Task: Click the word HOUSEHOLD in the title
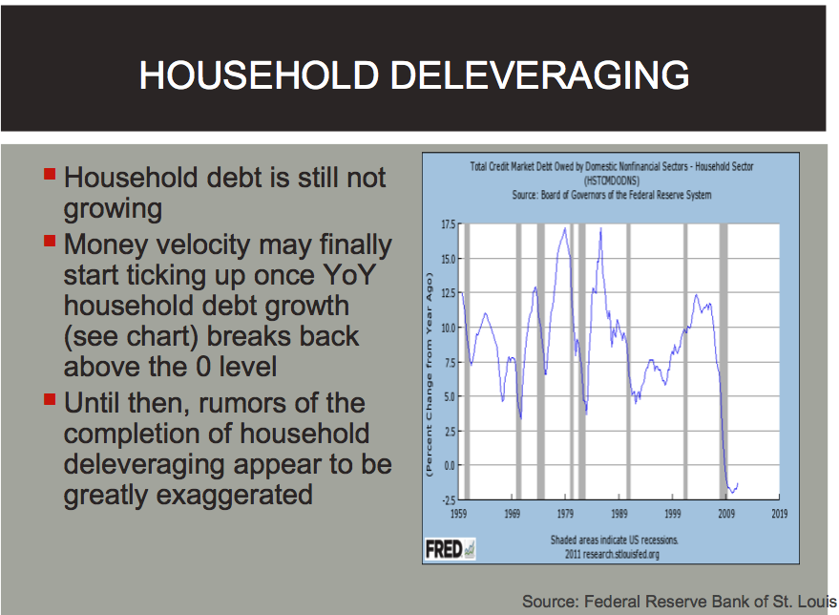point(259,74)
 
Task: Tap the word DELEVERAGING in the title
point(540,74)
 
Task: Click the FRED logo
point(450,549)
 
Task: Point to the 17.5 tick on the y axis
point(449,224)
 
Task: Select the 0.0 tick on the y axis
point(450,466)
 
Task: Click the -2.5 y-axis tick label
point(449,500)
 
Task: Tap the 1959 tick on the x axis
point(458,514)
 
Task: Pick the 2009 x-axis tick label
point(726,514)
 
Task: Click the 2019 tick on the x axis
point(780,514)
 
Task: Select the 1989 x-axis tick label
point(619,514)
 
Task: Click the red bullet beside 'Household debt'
point(50,174)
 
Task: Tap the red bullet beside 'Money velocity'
point(50,241)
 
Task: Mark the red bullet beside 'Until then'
point(50,399)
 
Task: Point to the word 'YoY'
point(349,275)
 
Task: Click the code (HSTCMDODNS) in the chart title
point(612,180)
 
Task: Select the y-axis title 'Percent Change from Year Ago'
point(429,374)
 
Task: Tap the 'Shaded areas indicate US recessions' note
point(615,541)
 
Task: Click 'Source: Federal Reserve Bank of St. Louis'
point(680,602)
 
